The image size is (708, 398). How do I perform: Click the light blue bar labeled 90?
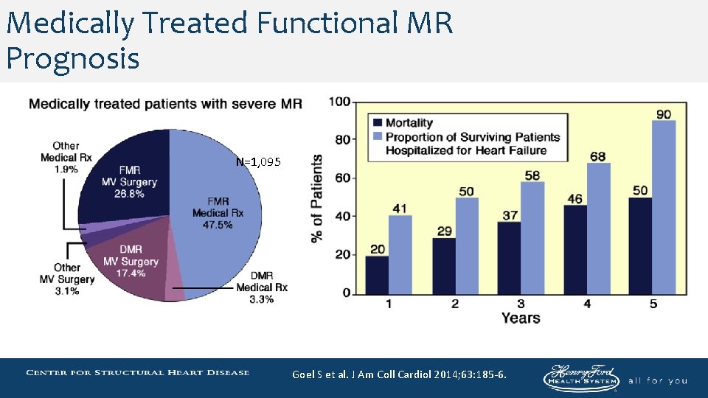664,207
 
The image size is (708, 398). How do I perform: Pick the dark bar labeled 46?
575,250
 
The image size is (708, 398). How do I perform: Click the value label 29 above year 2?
443,231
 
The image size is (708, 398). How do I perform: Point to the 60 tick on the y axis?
341,178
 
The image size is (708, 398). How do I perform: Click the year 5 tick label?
653,304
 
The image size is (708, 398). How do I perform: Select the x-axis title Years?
520,318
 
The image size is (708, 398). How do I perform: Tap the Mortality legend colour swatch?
378,123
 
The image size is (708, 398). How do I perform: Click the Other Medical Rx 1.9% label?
66,157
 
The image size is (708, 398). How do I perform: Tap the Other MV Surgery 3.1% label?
67,279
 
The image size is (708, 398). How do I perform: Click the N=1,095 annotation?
258,162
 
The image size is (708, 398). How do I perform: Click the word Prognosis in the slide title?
72,57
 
